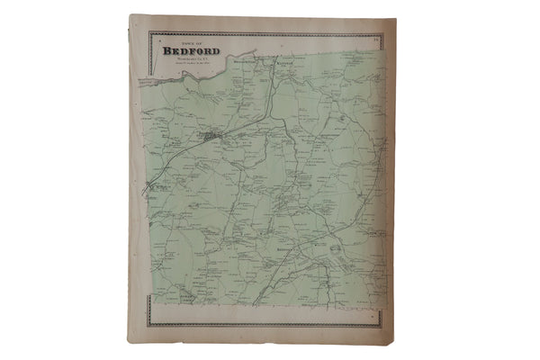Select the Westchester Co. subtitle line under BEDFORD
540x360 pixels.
tap(185, 59)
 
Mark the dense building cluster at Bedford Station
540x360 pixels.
tap(210, 138)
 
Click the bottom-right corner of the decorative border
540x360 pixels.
tap(381, 325)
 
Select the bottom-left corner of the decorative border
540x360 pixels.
tap(148, 325)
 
